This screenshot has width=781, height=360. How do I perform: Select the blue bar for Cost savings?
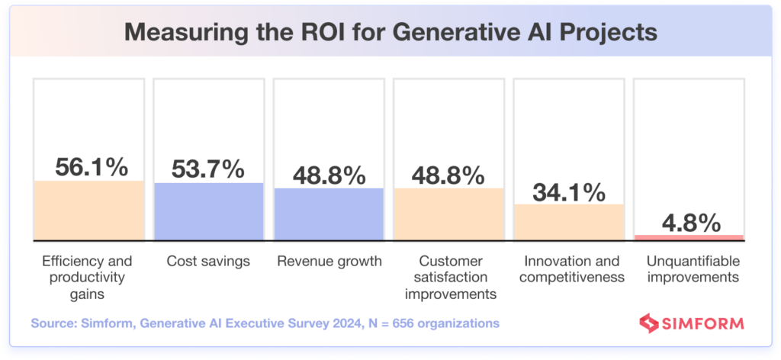[x=209, y=211]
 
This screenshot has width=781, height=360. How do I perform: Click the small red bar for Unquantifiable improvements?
[x=688, y=236]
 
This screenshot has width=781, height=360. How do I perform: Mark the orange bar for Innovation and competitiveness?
[x=568, y=221]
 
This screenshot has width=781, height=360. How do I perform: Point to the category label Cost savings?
[x=209, y=262]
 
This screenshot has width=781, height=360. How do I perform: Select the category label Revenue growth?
[x=329, y=262]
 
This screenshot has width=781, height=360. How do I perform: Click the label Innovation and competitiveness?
[x=568, y=269]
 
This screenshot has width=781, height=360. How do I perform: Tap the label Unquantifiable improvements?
[x=688, y=269]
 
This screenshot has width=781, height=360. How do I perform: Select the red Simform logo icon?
[x=648, y=323]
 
